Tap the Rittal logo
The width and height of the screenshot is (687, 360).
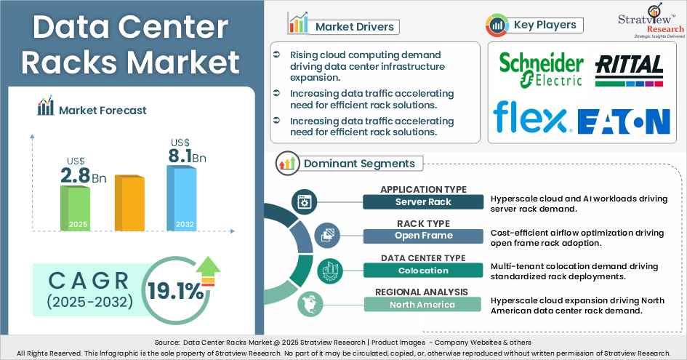click(x=629, y=71)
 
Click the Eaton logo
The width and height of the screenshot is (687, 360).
click(x=623, y=120)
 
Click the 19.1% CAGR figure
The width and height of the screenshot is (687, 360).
click(x=176, y=292)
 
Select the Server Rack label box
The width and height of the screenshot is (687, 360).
click(x=424, y=201)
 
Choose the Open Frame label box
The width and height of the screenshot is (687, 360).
click(x=424, y=236)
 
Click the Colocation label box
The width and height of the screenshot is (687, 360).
click(x=424, y=270)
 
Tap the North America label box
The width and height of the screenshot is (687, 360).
click(x=424, y=304)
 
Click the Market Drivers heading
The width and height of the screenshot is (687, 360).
click(x=354, y=27)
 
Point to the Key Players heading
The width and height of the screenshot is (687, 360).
click(x=545, y=25)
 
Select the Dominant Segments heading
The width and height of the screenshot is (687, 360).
click(x=359, y=164)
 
